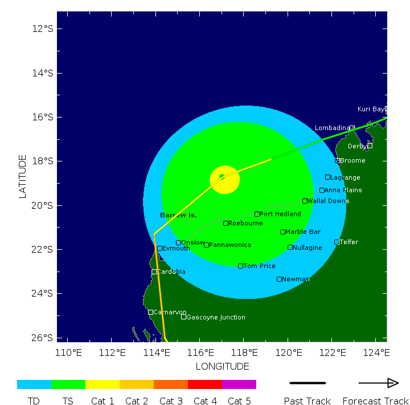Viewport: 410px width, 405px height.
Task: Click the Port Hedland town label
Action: tap(280, 214)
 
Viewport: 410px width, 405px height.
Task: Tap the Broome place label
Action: tap(352, 160)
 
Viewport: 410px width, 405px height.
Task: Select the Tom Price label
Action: tap(259, 266)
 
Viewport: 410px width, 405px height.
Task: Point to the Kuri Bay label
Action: tap(371, 109)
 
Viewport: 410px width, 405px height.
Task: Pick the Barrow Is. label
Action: tap(178, 215)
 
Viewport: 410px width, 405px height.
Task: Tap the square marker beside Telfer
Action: tap(337, 242)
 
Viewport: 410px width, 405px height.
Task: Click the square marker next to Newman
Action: tap(279, 279)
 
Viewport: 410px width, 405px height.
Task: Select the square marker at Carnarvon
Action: tap(150, 312)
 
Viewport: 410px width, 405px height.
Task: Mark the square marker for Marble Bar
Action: tap(282, 232)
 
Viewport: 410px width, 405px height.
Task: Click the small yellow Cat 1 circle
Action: tap(225, 180)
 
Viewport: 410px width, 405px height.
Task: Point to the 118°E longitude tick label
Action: tap(244, 352)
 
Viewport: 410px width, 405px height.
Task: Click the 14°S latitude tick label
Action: tap(43, 73)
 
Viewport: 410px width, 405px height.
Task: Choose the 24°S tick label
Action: tap(43, 293)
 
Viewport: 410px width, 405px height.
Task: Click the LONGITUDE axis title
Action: tap(222, 366)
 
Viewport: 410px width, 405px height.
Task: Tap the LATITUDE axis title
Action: tap(23, 176)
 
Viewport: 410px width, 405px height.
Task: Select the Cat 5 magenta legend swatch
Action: tap(239, 384)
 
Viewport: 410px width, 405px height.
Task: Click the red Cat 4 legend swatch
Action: tap(205, 384)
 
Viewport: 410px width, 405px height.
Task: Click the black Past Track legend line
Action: tap(307, 383)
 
